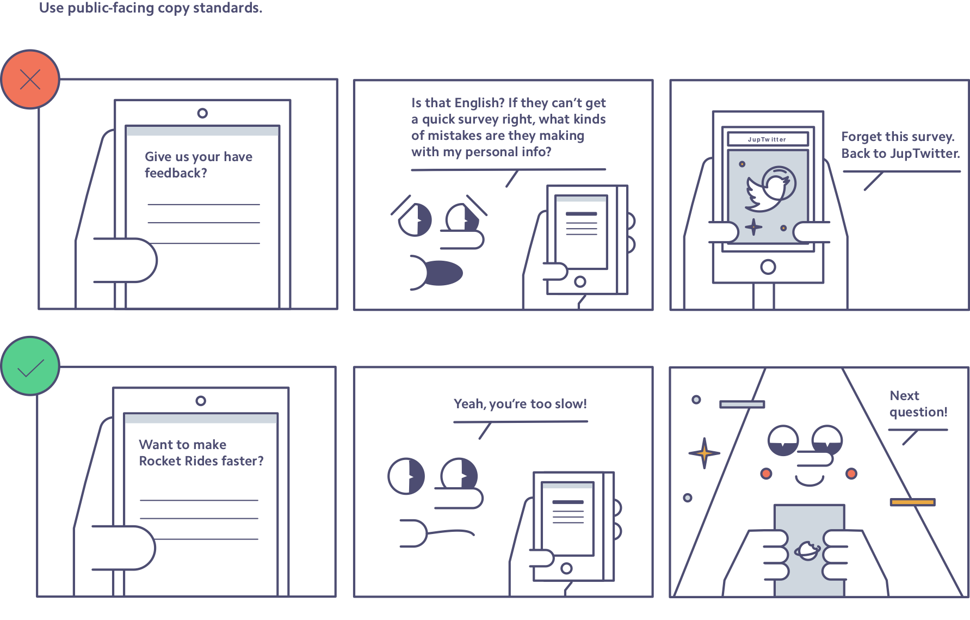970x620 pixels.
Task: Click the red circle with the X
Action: tap(30, 79)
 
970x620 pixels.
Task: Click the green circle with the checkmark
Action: tap(30, 366)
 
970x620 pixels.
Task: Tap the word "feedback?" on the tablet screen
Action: tap(176, 173)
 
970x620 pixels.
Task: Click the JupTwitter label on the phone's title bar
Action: tap(767, 139)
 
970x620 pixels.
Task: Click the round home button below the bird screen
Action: tap(768, 267)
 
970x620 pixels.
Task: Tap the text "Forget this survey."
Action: tap(898, 136)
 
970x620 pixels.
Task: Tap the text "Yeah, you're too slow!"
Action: tap(520, 404)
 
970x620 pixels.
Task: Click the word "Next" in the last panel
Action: tap(904, 396)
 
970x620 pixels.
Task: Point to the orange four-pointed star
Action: tap(705, 453)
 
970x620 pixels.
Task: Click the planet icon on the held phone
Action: tap(808, 551)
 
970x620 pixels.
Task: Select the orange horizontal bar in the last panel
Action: tap(913, 502)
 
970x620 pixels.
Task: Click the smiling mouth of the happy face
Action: tap(810, 481)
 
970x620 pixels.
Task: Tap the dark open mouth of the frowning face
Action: tap(443, 273)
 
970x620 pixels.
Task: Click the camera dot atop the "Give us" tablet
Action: tap(202, 113)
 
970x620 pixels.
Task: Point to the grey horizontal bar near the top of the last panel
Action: tap(742, 404)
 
